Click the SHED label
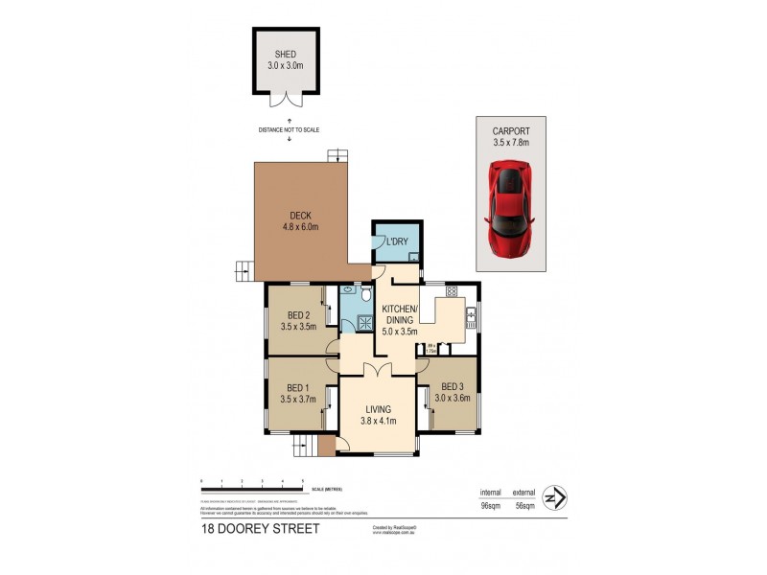click(285, 54)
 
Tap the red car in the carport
click(511, 209)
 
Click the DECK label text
click(299, 216)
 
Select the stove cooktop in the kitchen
click(451, 291)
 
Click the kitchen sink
click(471, 319)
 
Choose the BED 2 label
click(298, 315)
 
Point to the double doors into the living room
click(379, 370)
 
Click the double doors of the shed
click(285, 99)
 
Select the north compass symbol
click(553, 497)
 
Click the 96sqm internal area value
click(492, 507)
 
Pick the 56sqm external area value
click(523, 507)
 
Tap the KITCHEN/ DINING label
click(399, 313)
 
